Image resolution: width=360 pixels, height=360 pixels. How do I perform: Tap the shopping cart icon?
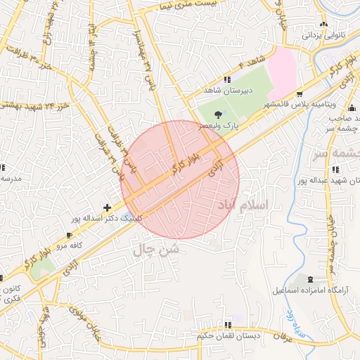click(x=300, y=94)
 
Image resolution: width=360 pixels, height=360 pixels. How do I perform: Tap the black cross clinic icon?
click(x=106, y=207)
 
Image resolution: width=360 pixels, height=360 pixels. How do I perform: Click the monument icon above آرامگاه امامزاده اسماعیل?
click(x=312, y=280)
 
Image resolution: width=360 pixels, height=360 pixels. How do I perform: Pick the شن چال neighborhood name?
click(x=156, y=248)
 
